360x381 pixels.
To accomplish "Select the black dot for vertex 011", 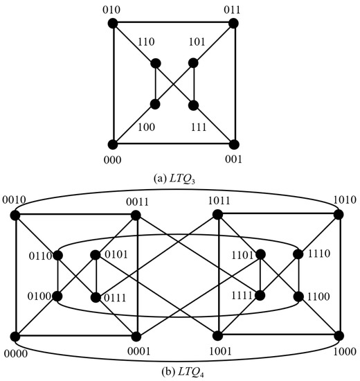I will coord(233,23).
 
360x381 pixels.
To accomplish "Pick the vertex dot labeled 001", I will coord(233,144).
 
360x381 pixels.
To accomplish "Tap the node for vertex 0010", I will coord(15,215).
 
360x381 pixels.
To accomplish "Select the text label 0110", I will coord(39,256).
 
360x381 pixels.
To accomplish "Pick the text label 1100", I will coord(320,298).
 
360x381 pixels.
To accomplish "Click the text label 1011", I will coord(219,202).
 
